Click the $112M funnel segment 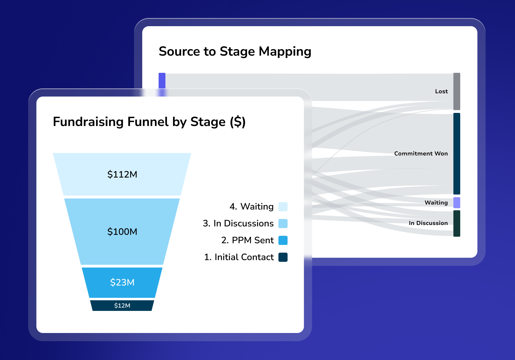(x=122, y=174)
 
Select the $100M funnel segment (x=122, y=231)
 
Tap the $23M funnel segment (x=122, y=282)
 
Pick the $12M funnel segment (x=122, y=305)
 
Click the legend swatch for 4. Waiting (x=283, y=207)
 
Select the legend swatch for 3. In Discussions (x=283, y=223)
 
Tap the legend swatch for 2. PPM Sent (x=283, y=240)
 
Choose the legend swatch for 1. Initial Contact (x=283, y=257)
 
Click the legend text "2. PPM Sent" (x=247, y=240)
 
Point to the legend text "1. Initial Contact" (x=239, y=257)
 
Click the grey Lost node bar (x=457, y=91)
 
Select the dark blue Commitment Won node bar (x=457, y=154)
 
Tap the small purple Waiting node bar (x=457, y=203)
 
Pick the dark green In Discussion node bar (x=457, y=223)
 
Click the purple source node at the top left (x=162, y=81)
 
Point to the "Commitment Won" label (x=421, y=154)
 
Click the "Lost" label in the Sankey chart (x=441, y=91)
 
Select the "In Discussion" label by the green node (x=428, y=223)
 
